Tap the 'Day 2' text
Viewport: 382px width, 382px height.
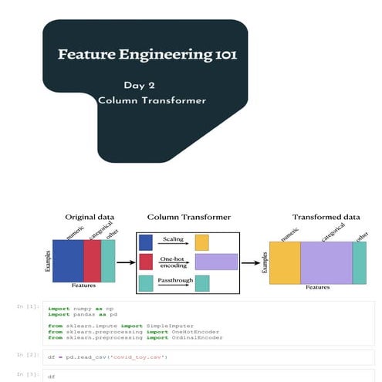(x=139, y=86)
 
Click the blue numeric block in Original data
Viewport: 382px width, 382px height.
(x=68, y=261)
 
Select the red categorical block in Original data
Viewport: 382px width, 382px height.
(x=92, y=261)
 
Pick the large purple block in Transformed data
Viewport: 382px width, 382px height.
(x=326, y=262)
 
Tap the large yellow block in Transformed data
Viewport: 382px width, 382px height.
(x=285, y=262)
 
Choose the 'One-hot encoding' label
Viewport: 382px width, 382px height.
(x=171, y=262)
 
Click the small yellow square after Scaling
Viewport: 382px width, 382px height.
(x=202, y=243)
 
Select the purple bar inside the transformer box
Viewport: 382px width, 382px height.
(x=216, y=262)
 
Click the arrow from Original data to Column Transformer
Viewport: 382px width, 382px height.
(x=124, y=262)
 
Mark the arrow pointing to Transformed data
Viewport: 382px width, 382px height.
(x=251, y=262)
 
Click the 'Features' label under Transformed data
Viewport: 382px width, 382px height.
(x=317, y=288)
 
